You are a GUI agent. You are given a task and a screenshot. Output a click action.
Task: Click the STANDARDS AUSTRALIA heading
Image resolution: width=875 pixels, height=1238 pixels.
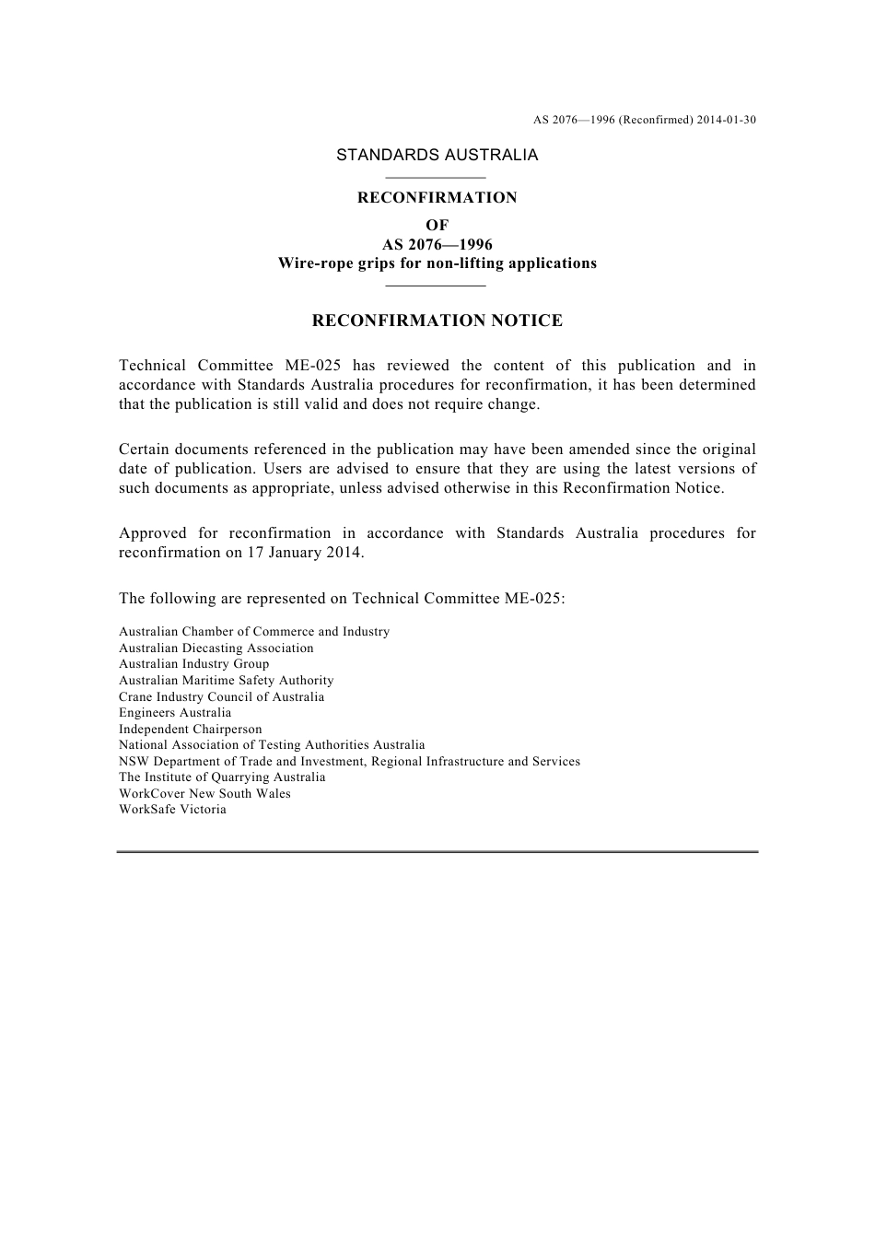pos(437,155)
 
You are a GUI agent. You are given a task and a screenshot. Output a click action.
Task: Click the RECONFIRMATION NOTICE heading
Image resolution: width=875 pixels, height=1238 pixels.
pos(437,321)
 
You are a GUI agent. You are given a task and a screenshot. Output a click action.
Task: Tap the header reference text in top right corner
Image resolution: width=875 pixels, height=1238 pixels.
pos(644,120)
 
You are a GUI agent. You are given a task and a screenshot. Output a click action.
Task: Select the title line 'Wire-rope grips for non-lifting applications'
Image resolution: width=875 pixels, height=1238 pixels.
pos(437,263)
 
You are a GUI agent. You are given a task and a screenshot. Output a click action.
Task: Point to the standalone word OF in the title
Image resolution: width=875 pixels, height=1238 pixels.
pos(437,226)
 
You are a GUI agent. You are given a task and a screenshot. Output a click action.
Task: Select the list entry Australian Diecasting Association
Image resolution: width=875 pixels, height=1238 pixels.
pos(216,648)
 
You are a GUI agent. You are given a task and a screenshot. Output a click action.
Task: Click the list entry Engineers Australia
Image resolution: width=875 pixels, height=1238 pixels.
pos(175,713)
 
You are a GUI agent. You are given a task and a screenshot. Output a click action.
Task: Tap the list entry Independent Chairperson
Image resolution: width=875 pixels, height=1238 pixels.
pos(190,730)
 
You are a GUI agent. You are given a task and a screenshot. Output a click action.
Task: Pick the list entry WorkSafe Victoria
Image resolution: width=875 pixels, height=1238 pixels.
pos(172,810)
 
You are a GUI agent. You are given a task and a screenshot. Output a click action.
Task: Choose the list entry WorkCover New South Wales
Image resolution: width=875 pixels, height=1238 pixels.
pos(204,794)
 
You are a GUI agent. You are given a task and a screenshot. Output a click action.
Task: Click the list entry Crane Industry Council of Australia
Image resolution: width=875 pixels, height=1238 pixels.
pos(221,697)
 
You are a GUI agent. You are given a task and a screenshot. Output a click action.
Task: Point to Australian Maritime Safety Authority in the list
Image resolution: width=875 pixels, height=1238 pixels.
pos(226,681)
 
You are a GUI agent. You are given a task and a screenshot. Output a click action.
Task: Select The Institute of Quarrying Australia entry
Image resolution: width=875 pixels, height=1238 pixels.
pos(222,777)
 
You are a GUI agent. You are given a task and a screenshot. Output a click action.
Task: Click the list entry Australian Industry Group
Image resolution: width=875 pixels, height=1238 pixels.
pos(193,664)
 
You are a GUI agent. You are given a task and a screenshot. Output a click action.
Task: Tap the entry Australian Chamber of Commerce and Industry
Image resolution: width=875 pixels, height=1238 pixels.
pos(253,632)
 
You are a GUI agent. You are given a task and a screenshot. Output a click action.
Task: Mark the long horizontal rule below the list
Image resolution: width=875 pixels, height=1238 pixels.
pos(437,852)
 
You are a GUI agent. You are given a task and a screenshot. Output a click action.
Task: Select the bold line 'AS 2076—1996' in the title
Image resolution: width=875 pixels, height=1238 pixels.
pos(437,245)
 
